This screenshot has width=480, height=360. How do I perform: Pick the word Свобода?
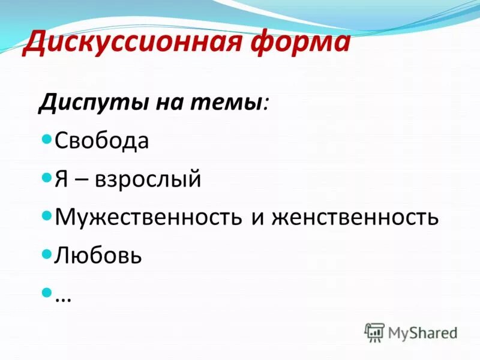pos(101,141)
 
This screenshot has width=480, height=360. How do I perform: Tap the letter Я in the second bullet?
pos(61,179)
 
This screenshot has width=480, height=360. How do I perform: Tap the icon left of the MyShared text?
pos(374,332)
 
